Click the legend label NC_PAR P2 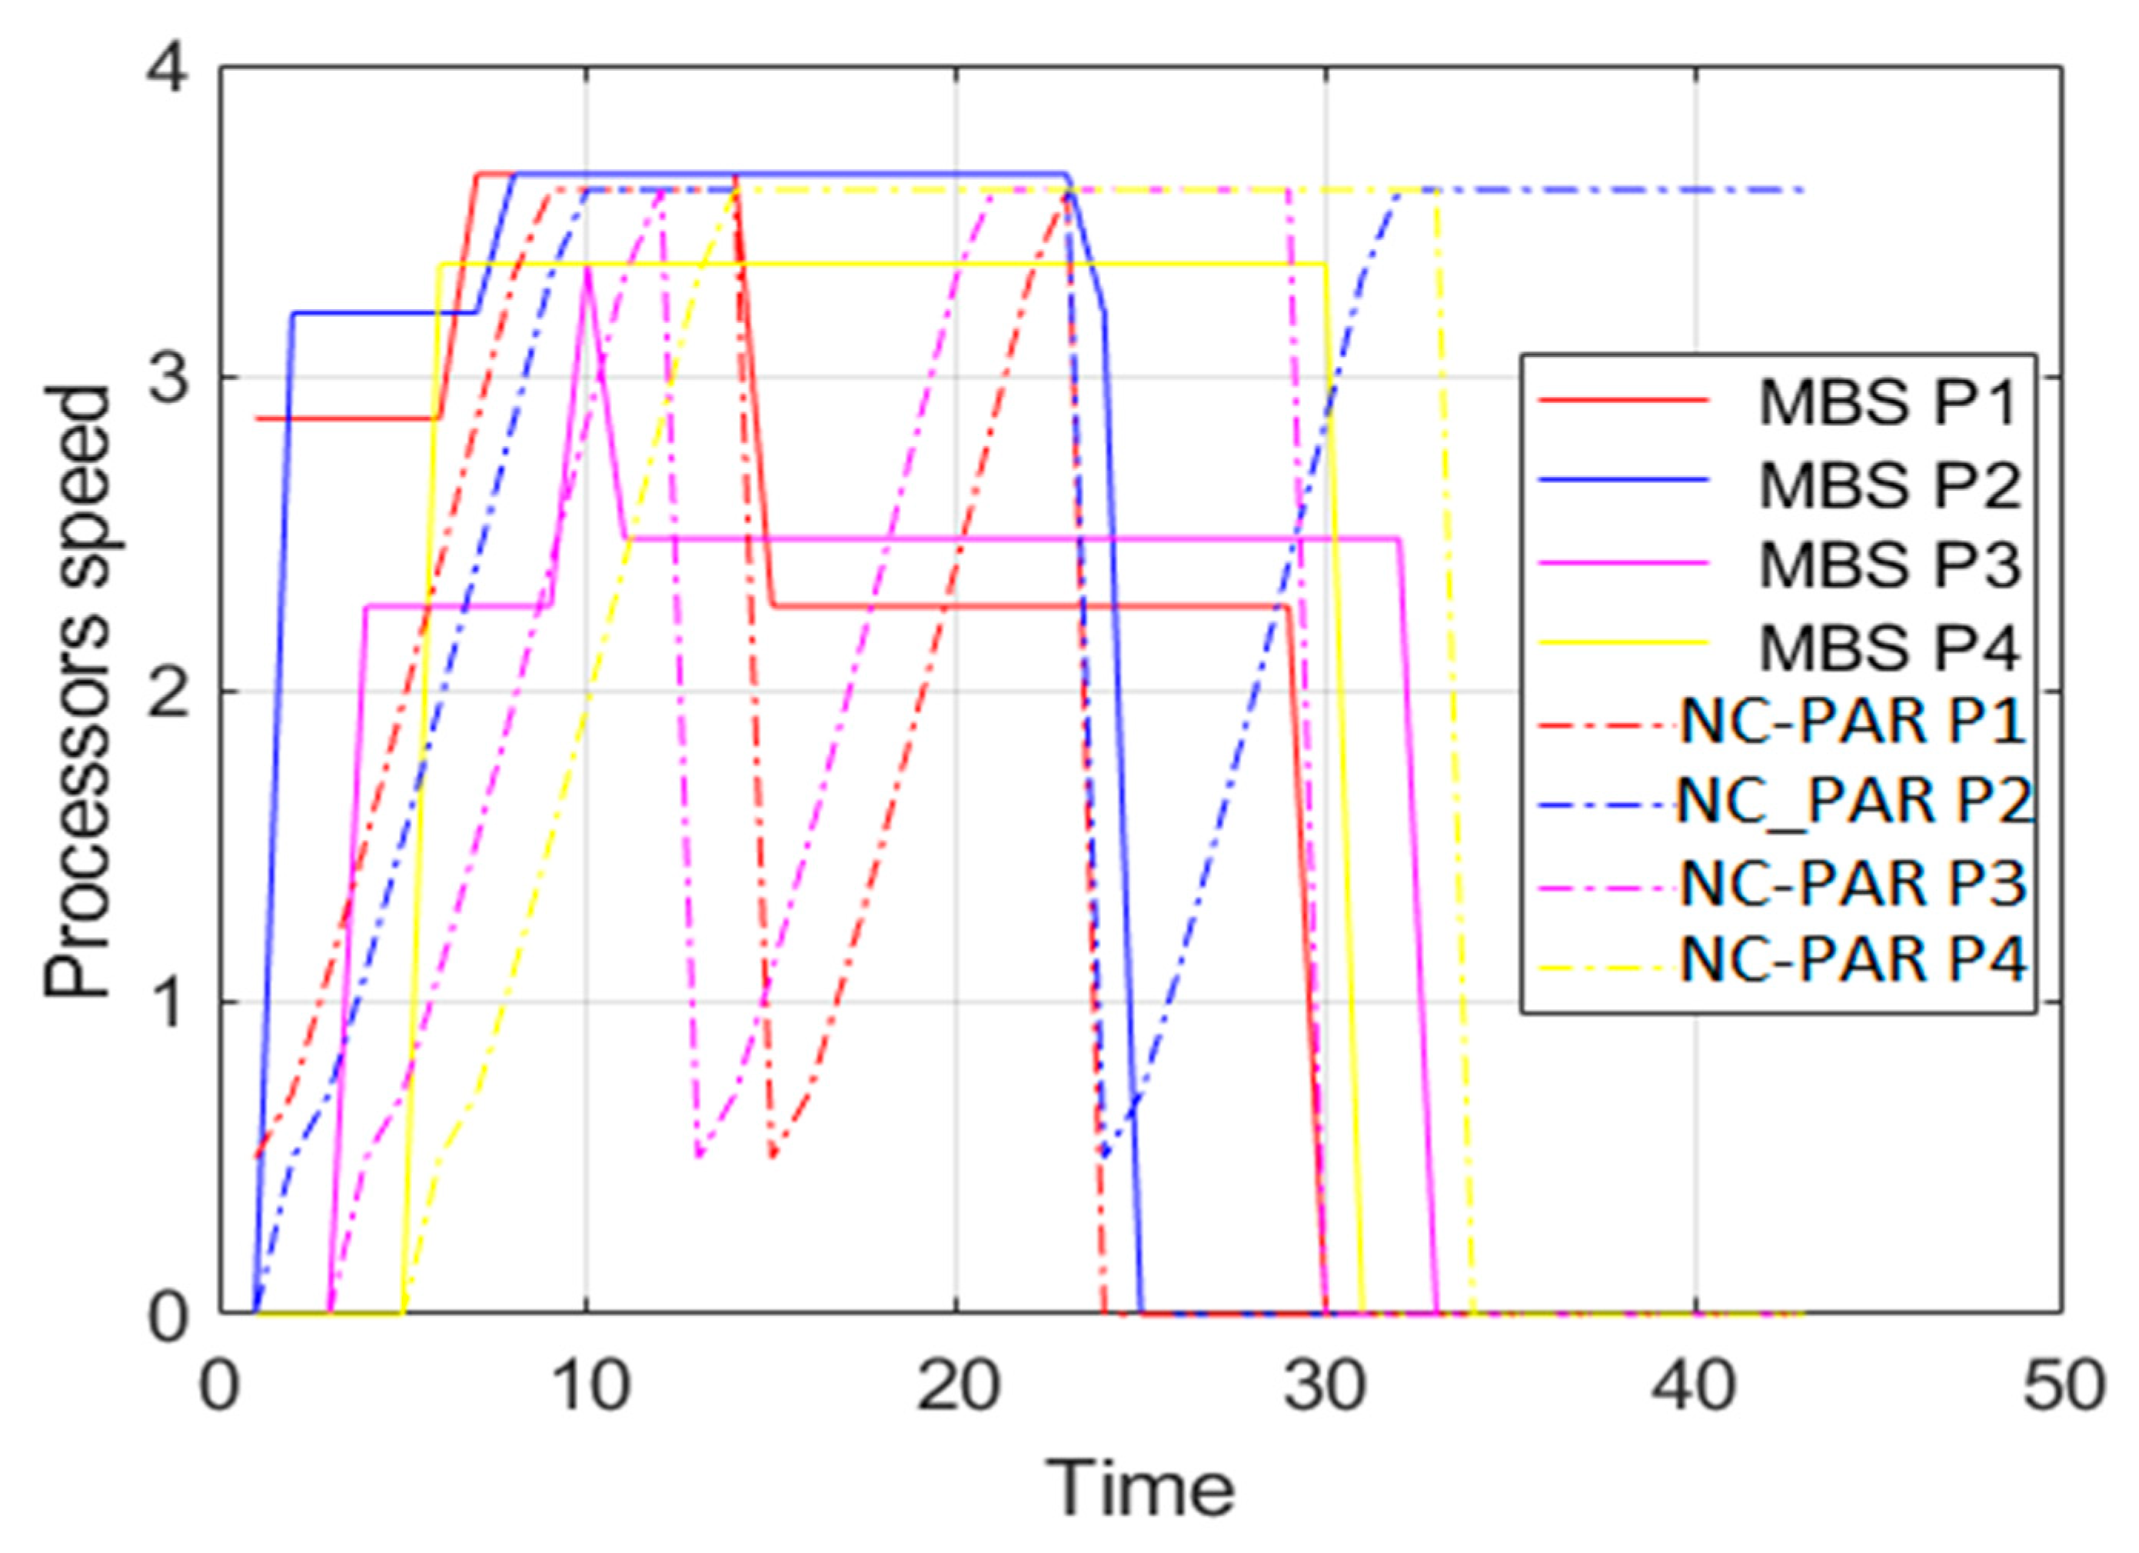[x=1852, y=802]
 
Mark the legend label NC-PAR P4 [x=1852, y=961]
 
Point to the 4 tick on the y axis [x=170, y=71]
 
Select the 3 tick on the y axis [x=170, y=379]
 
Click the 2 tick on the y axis [x=170, y=691]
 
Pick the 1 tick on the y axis [x=170, y=1004]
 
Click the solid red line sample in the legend [x=1624, y=400]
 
